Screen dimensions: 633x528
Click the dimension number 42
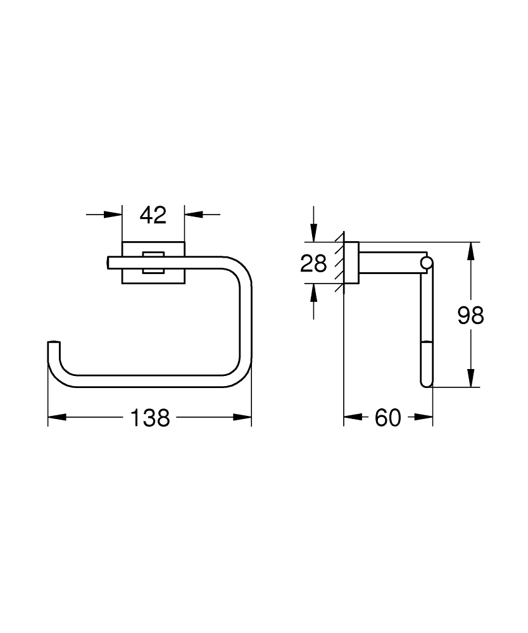click(x=153, y=215)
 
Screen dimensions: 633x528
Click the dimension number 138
click(x=151, y=417)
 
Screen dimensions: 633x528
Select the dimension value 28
click(x=313, y=263)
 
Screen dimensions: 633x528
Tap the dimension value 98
click(x=470, y=315)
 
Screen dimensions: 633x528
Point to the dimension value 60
click(x=388, y=417)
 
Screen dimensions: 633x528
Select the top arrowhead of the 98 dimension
click(x=470, y=251)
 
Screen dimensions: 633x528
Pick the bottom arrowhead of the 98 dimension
click(x=470, y=378)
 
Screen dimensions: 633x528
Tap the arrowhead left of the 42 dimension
click(x=113, y=215)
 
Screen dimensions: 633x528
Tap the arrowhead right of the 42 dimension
click(x=193, y=215)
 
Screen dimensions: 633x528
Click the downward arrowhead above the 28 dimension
click(x=313, y=234)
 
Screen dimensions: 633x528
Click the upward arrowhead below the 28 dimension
click(x=313, y=292)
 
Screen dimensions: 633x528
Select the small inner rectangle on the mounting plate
click(x=153, y=263)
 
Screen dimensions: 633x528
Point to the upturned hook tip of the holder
click(x=54, y=345)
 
